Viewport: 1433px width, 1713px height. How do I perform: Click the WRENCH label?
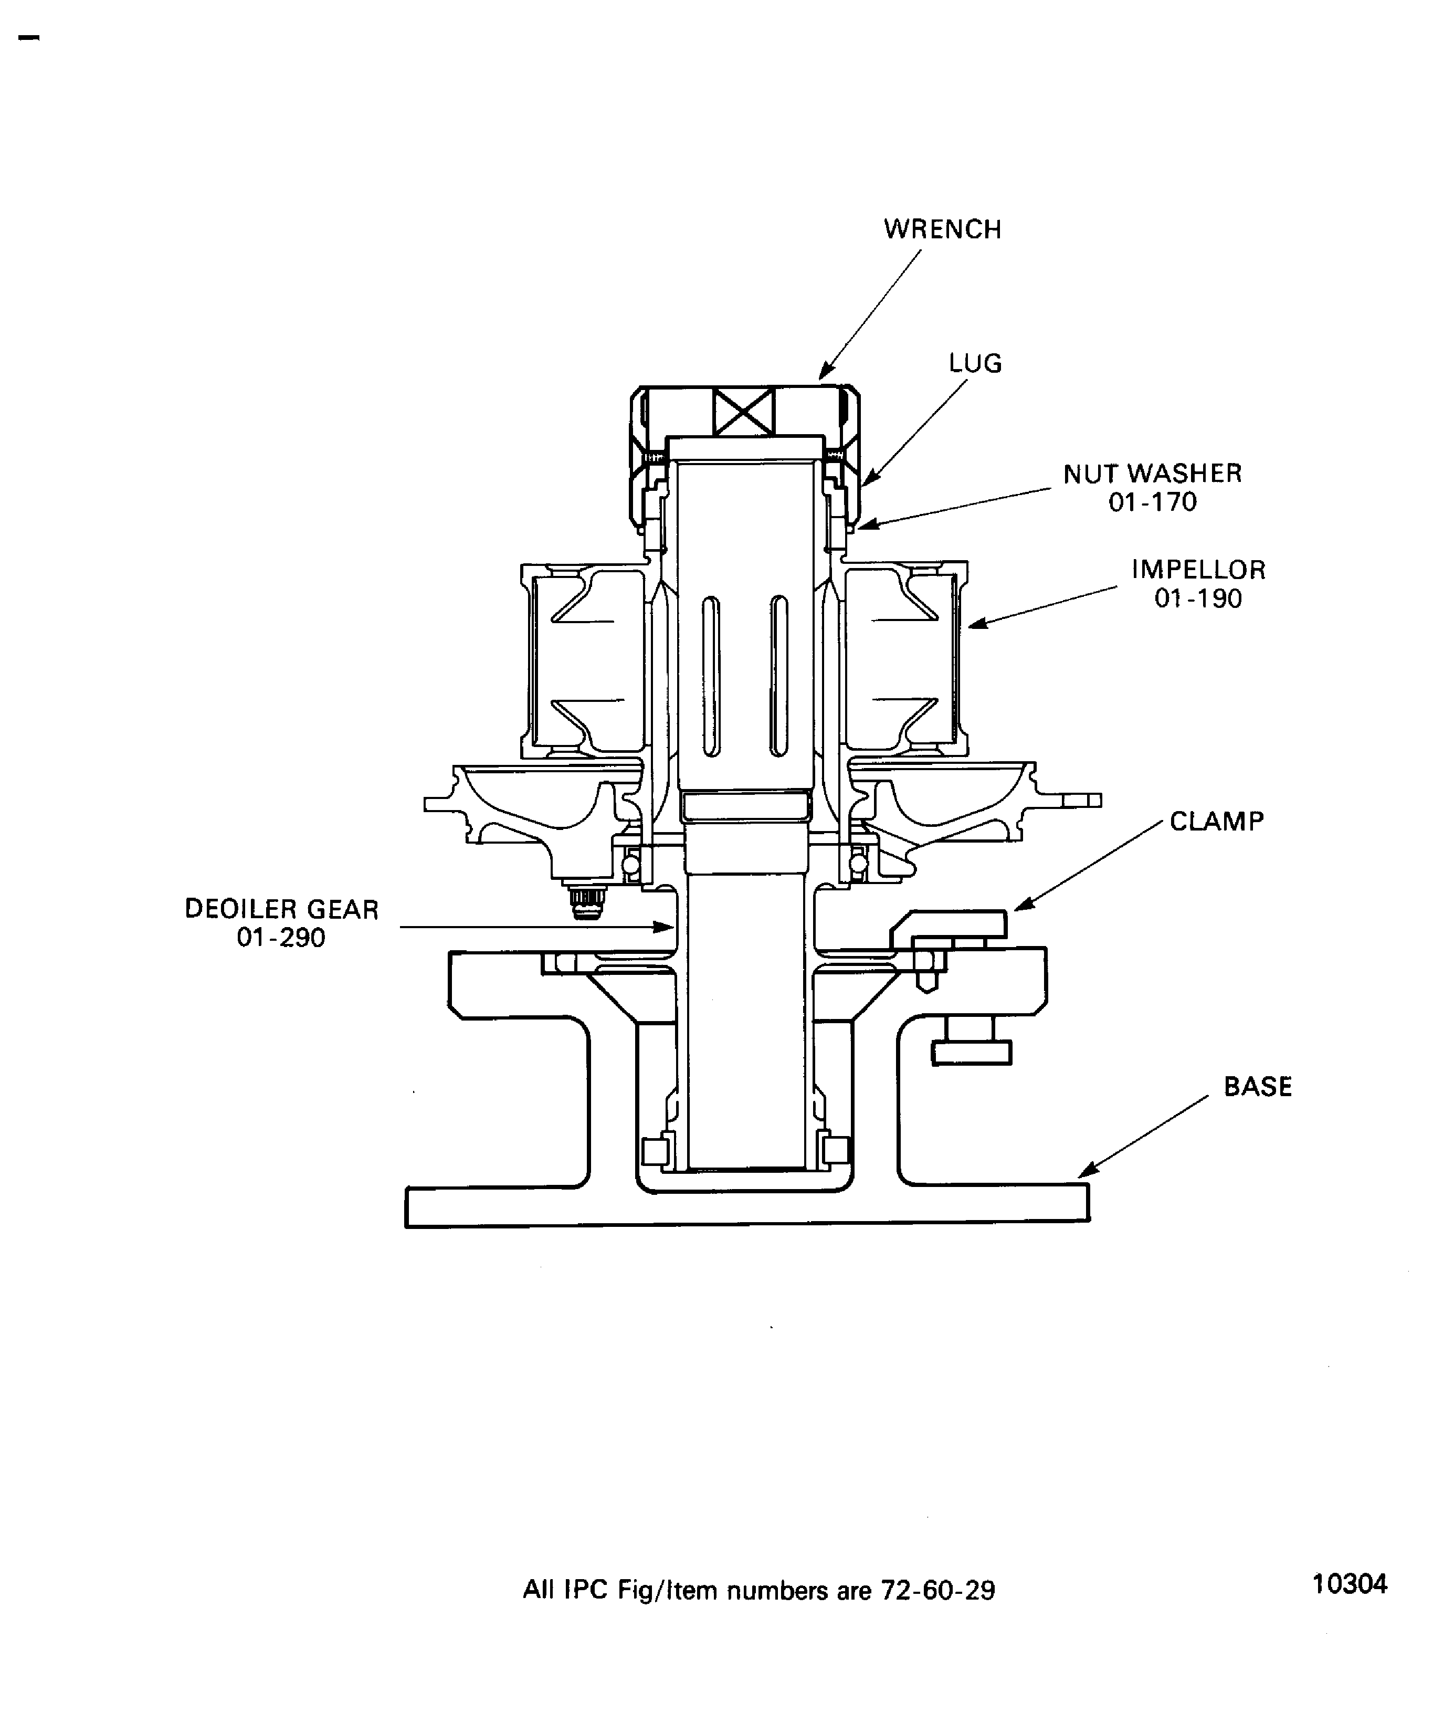(942, 229)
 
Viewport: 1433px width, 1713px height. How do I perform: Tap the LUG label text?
(975, 363)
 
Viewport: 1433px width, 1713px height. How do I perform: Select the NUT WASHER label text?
(1152, 473)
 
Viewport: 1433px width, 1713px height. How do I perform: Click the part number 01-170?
(1152, 502)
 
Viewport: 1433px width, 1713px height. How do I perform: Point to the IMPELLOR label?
(1198, 570)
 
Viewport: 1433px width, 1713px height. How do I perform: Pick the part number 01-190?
(1198, 598)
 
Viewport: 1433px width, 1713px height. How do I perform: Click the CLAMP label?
(1216, 821)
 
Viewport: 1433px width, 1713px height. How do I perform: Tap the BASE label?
(1258, 1087)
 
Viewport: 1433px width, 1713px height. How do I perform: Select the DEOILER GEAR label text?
(281, 909)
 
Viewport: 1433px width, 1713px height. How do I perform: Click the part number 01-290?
(281, 937)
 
